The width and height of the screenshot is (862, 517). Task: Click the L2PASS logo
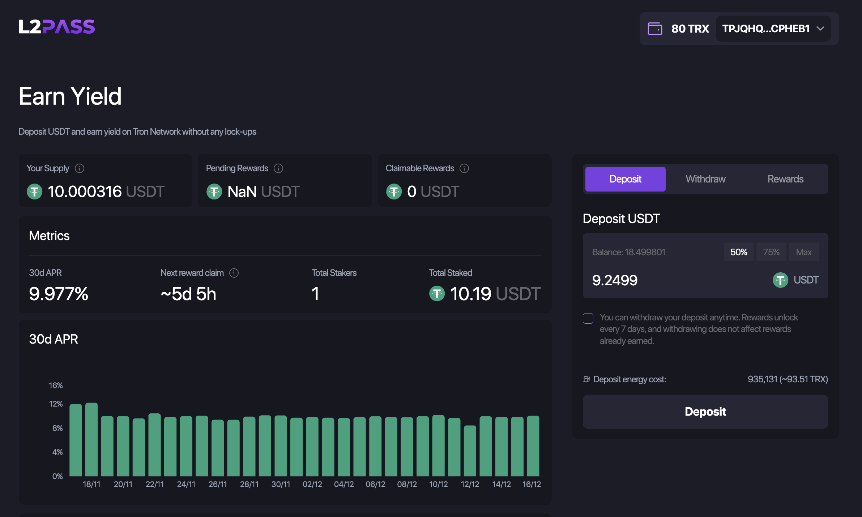point(57,27)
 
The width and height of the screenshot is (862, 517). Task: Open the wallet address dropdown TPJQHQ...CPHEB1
point(773,29)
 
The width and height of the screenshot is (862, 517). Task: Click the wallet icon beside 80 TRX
point(655,29)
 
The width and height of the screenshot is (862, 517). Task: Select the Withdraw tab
point(705,179)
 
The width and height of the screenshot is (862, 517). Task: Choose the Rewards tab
point(785,179)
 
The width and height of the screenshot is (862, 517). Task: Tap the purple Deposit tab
point(625,179)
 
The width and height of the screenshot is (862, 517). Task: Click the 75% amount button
point(771,252)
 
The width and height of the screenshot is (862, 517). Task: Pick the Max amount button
point(803,252)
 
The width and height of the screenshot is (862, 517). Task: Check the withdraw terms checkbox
point(588,318)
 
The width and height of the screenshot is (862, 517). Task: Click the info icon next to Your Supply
point(80,168)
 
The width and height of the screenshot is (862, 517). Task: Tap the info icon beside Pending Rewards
point(278,168)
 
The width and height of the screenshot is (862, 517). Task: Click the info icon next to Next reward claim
point(234,273)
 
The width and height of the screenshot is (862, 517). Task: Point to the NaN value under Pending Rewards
point(242,192)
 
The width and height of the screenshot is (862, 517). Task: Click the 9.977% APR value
point(59,294)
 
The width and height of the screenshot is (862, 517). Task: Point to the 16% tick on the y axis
point(56,385)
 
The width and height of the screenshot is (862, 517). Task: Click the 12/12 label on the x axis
point(470,484)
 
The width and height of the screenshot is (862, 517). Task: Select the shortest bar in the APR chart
point(470,451)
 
